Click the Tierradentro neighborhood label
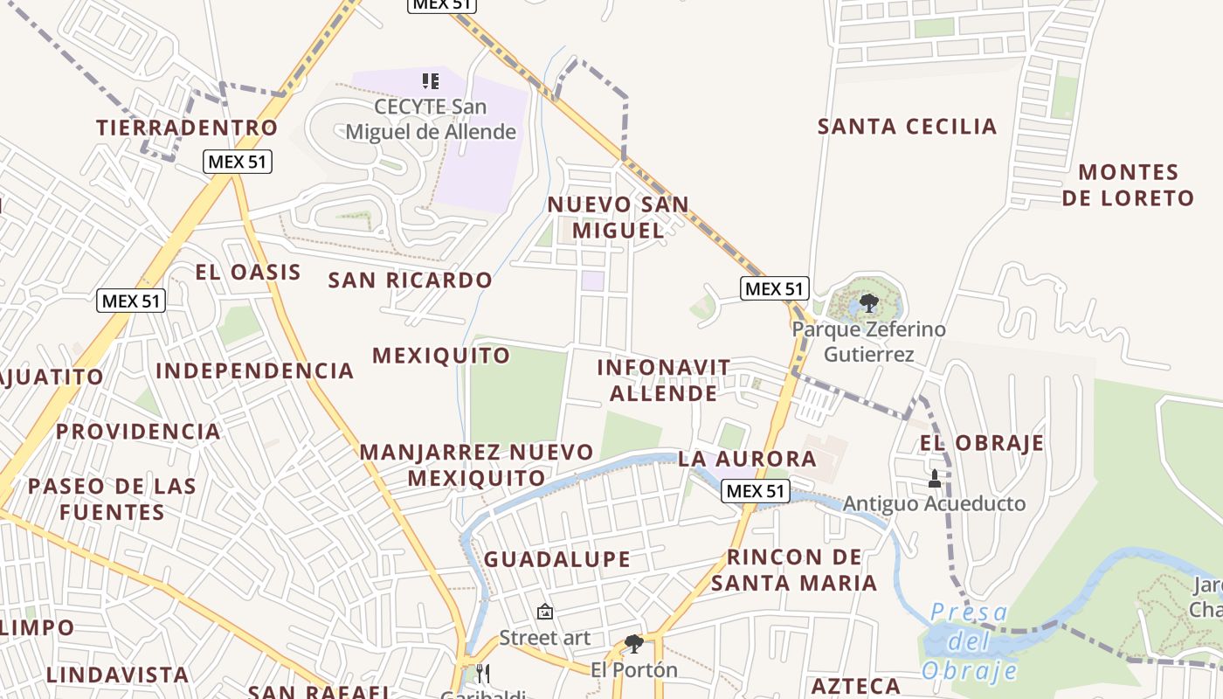pyautogui.click(x=187, y=128)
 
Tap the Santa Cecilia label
pyautogui.click(x=907, y=127)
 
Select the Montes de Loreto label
pyautogui.click(x=1128, y=184)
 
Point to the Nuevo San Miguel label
pyautogui.click(x=618, y=218)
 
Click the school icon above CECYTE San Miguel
pyautogui.click(x=430, y=81)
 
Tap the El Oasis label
pyautogui.click(x=248, y=272)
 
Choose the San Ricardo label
pyautogui.click(x=410, y=280)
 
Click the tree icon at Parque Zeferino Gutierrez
pyautogui.click(x=868, y=303)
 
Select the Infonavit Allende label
pyautogui.click(x=663, y=380)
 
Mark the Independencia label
pyautogui.click(x=254, y=370)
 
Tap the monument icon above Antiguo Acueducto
pyautogui.click(x=934, y=479)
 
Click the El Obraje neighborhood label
pyautogui.click(x=981, y=443)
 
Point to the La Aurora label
pyautogui.click(x=747, y=459)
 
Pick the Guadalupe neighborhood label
pyautogui.click(x=557, y=559)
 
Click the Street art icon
pyautogui.click(x=545, y=612)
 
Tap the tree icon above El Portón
pyautogui.click(x=634, y=645)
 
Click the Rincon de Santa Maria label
pyautogui.click(x=793, y=570)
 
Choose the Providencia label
pyautogui.click(x=138, y=432)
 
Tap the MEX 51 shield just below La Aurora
pyautogui.click(x=756, y=491)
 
